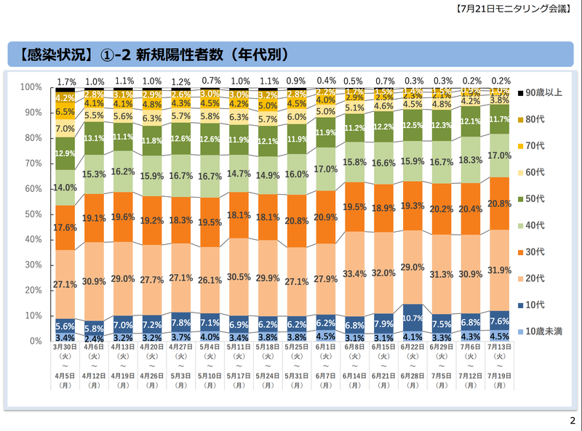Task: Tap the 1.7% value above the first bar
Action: tap(66, 81)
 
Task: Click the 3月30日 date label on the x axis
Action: tap(65, 347)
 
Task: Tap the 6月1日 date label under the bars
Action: tap(324, 347)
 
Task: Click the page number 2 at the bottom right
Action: tap(572, 421)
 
